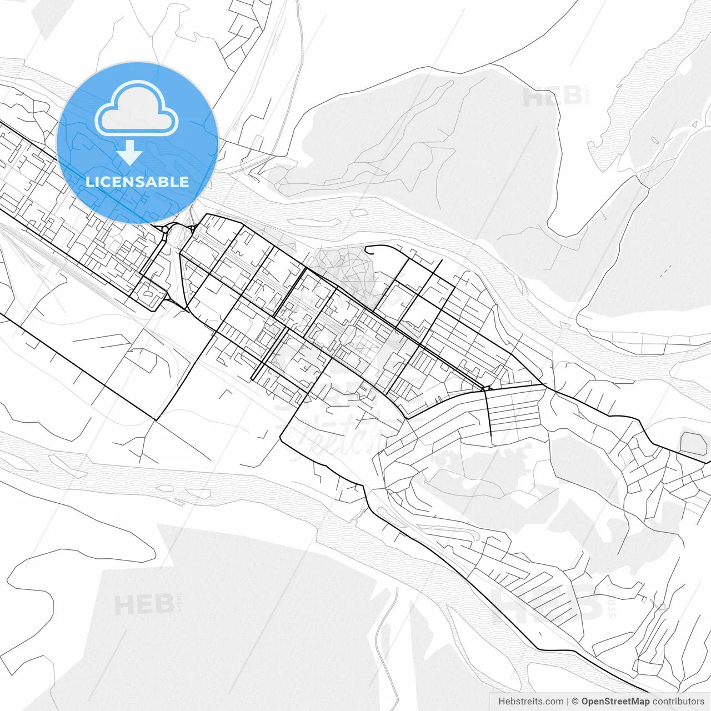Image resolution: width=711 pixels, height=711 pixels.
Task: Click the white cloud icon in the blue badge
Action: tap(137, 109)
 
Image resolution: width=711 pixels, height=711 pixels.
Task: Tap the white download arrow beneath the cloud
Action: tap(130, 153)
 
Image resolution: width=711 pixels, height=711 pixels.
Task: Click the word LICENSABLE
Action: tap(137, 182)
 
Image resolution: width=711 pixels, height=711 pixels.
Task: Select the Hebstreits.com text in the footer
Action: tap(530, 702)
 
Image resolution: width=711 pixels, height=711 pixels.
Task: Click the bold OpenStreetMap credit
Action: tap(615, 702)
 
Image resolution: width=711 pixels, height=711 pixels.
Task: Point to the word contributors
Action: tap(678, 702)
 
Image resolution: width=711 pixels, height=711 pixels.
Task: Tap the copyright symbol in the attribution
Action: tap(575, 702)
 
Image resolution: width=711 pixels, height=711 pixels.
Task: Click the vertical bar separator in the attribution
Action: tap(568, 702)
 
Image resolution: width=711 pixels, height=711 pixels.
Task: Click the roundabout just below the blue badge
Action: tap(165, 229)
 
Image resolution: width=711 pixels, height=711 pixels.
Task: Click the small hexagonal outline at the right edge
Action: tap(693, 443)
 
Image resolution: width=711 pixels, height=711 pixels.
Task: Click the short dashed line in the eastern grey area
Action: tap(666, 271)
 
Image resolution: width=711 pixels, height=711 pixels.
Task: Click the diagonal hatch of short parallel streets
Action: tap(533, 589)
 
